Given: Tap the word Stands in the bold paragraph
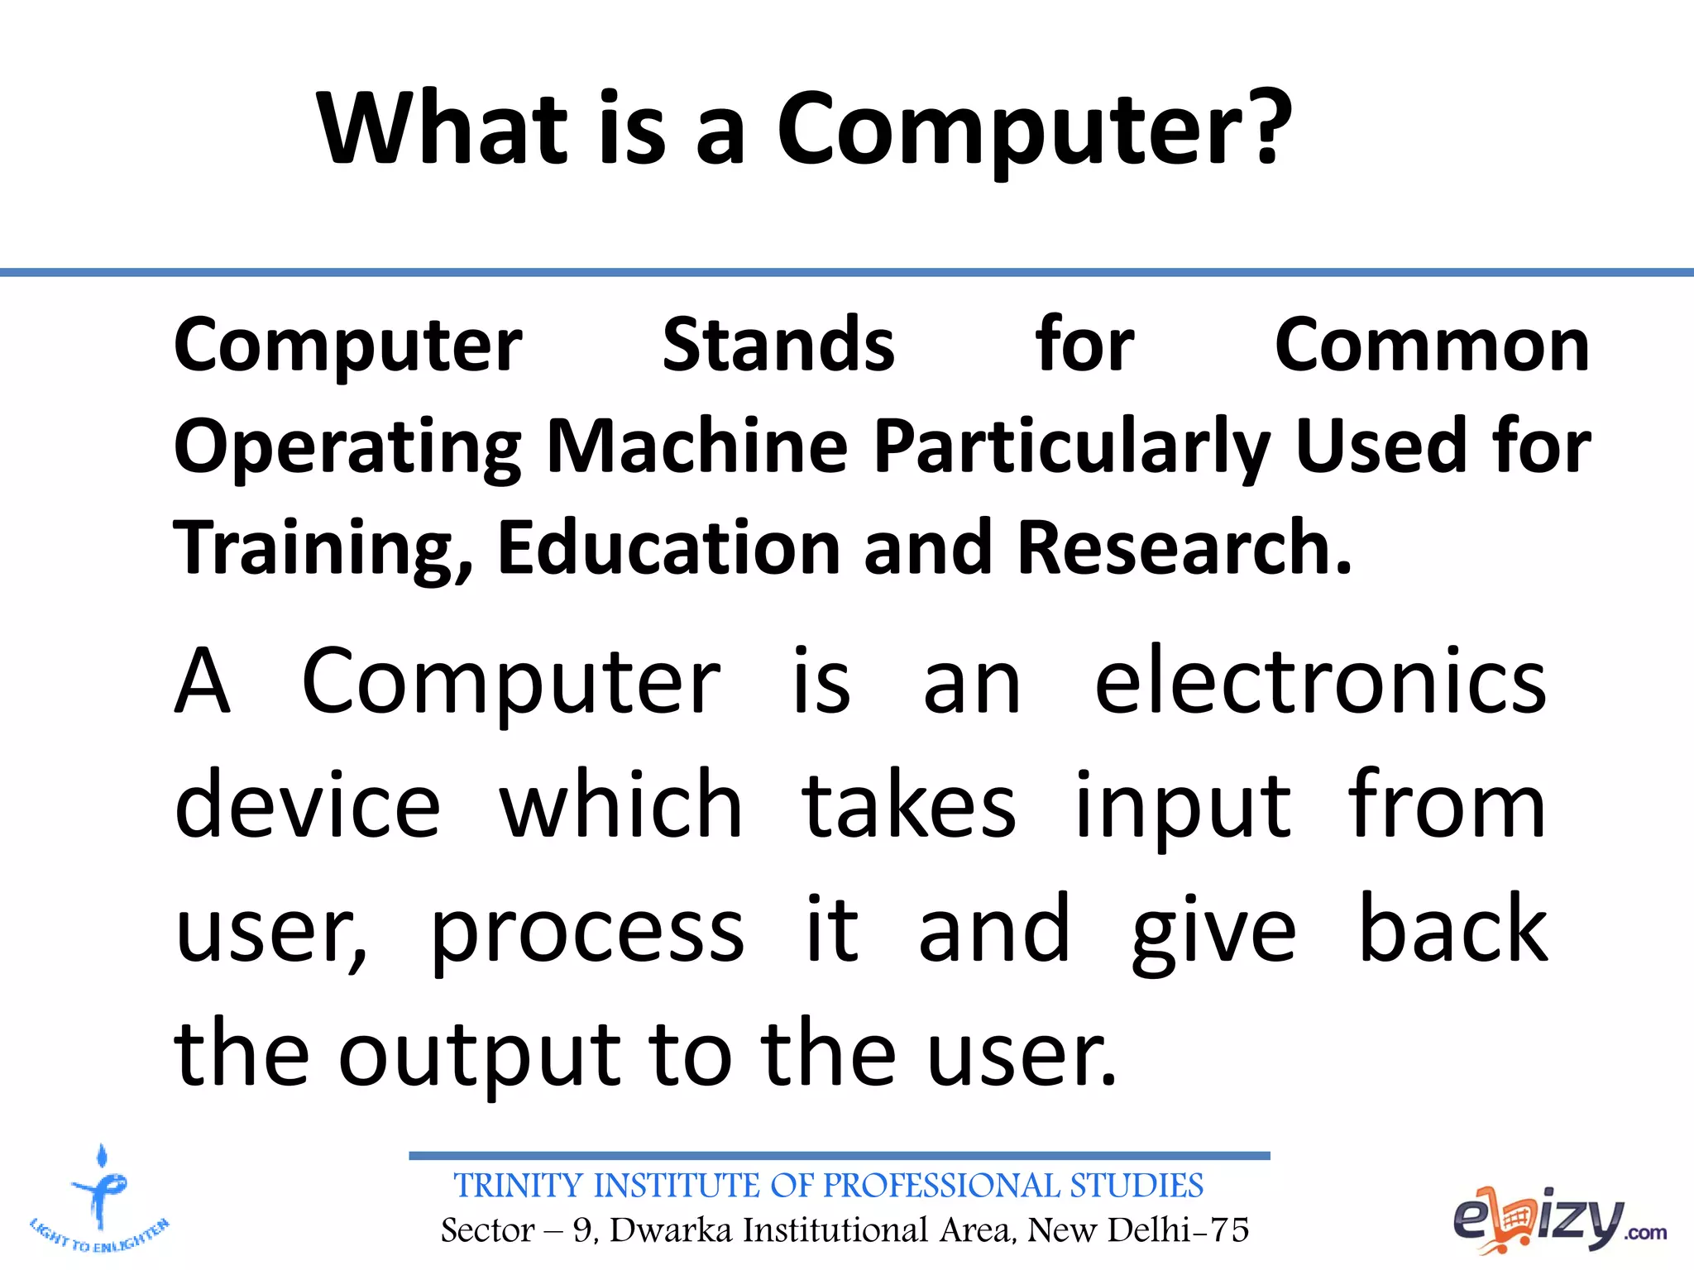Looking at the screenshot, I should [778, 345].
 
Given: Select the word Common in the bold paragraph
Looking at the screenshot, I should [1432, 345].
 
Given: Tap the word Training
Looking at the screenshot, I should [323, 550].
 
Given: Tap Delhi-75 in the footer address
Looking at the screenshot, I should [1178, 1230].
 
